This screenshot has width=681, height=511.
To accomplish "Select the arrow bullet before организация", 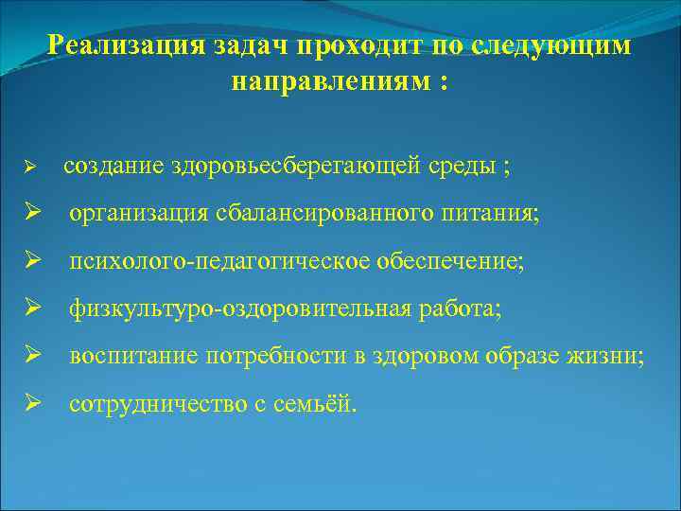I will tap(31, 215).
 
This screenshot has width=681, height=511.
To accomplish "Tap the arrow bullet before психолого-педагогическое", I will tap(31, 262).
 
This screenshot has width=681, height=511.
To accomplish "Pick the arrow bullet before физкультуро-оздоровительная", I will tap(31, 309).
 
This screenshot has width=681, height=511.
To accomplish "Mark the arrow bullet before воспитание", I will tap(31, 357).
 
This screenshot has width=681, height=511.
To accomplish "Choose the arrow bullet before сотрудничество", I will tap(31, 405).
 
